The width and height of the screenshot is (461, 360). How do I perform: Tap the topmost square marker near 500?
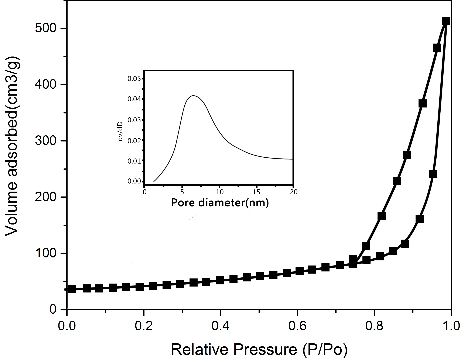pyautogui.click(x=446, y=22)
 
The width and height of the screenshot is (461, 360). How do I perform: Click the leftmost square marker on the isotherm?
pyautogui.click(x=72, y=289)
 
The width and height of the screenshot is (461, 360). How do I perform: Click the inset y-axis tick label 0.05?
pyautogui.click(x=134, y=78)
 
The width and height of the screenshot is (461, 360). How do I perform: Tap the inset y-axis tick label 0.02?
pyautogui.click(x=134, y=140)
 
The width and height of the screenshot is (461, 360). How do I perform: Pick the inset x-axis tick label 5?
pyautogui.click(x=182, y=191)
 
